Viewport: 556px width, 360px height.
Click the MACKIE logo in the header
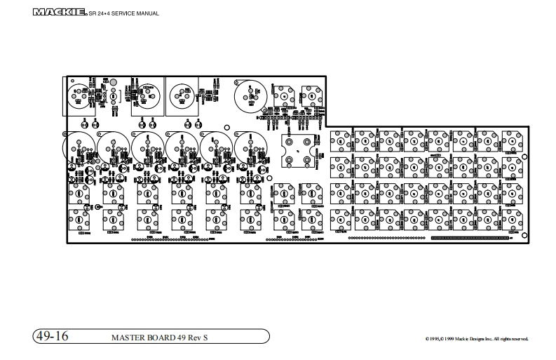coord(59,12)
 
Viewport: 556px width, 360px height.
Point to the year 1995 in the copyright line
coord(436,340)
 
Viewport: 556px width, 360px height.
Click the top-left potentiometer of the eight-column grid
coord(340,140)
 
